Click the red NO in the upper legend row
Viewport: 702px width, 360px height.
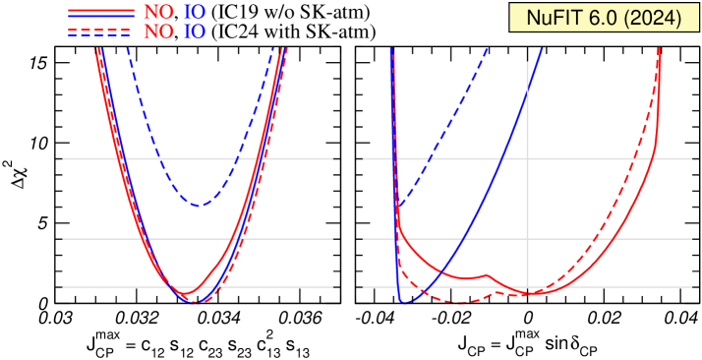tap(158, 12)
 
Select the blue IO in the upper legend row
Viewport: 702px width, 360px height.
tap(196, 12)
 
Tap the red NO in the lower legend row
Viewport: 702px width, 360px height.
tap(158, 31)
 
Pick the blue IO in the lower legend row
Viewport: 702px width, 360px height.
tap(196, 31)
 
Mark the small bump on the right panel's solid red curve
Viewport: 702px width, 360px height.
tap(486, 274)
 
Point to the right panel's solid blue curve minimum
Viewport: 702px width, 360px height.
tap(407, 300)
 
